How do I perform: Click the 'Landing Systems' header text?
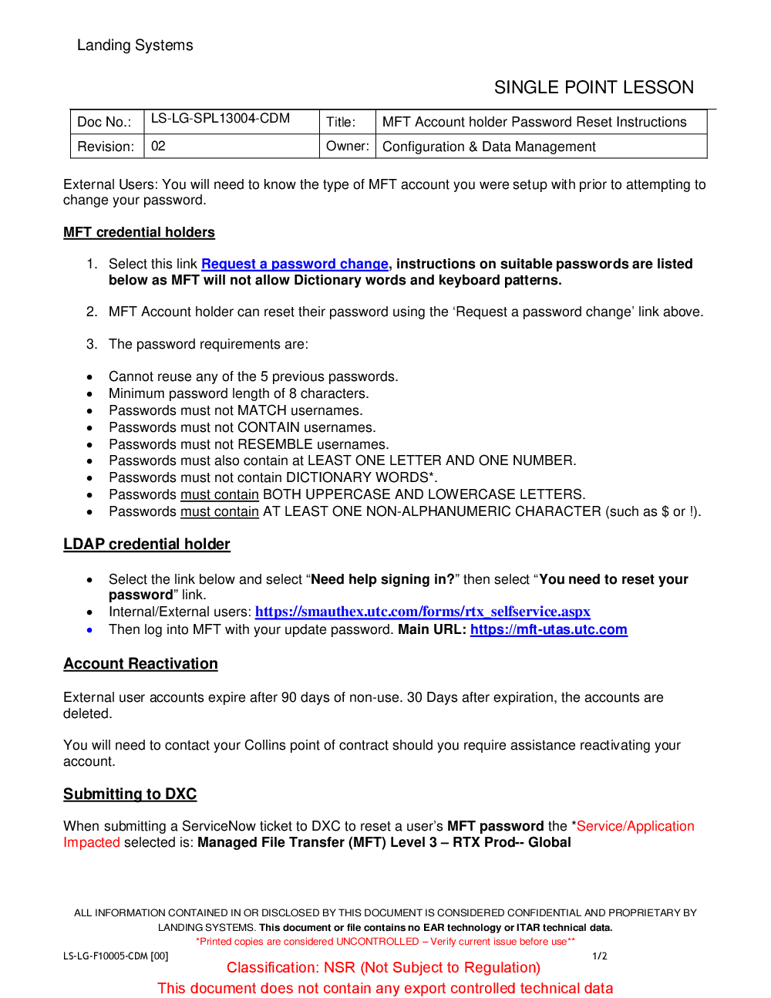[x=135, y=46]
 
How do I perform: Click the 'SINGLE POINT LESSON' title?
[x=594, y=88]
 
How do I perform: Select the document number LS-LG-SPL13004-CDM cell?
[x=221, y=119]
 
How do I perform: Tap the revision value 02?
[x=158, y=147]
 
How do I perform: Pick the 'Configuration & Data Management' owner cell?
[x=489, y=147]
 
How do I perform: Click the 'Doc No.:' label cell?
[x=104, y=122]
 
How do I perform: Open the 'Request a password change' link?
[x=295, y=265]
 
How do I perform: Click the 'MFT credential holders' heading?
[x=139, y=233]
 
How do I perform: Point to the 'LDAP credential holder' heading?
[x=146, y=545]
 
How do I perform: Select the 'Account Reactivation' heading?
[x=140, y=664]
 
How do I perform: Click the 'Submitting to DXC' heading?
[x=130, y=794]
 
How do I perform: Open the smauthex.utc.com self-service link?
[x=423, y=612]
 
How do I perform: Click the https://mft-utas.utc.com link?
[x=548, y=629]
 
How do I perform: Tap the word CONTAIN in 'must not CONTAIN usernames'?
[x=268, y=427]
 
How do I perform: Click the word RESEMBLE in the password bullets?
[x=275, y=444]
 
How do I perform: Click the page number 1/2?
[x=599, y=956]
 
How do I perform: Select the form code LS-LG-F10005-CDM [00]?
[x=116, y=956]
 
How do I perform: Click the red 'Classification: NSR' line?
[x=383, y=968]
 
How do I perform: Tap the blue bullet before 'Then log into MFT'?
[x=90, y=630]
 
